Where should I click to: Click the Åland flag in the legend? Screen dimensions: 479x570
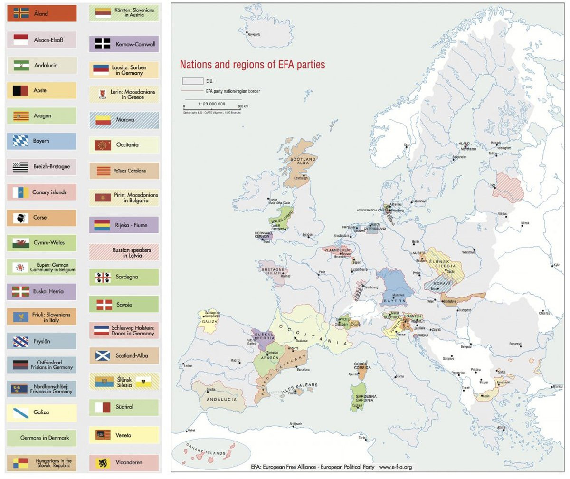click(21, 13)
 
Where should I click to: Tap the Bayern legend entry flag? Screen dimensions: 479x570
click(21, 141)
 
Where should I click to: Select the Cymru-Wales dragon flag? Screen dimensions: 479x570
click(21, 243)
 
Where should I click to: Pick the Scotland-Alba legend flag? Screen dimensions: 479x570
click(103, 355)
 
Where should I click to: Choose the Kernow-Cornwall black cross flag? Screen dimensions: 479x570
click(103, 44)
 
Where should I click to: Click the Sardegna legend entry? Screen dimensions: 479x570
click(123, 277)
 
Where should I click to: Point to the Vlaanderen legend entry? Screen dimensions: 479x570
click(123, 462)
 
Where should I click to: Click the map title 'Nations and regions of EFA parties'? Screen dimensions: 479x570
click(252, 65)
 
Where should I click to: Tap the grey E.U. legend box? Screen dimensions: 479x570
click(192, 81)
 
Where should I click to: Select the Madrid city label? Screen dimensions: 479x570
click(235, 360)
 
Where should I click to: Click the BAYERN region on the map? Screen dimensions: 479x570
click(394, 287)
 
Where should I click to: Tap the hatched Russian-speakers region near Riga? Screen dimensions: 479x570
click(508, 185)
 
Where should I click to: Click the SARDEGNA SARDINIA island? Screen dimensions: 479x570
click(359, 397)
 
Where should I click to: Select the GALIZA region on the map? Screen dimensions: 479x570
click(208, 322)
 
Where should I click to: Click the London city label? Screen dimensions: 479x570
click(307, 235)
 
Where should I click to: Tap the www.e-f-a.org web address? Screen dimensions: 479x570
click(395, 467)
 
